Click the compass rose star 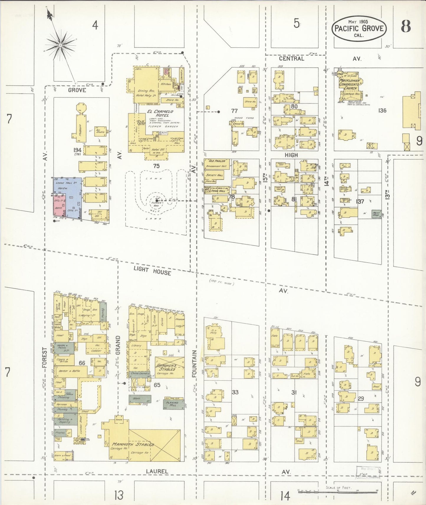[60, 45]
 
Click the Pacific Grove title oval [359, 29]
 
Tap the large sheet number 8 [406, 27]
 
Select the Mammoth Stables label [133, 444]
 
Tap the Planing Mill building [173, 404]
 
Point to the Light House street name [152, 270]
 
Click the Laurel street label [157, 471]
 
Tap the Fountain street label [194, 364]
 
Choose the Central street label [291, 59]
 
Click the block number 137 [360, 202]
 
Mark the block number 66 [82, 363]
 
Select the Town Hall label [218, 191]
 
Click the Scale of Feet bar [338, 491]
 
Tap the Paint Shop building [376, 214]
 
